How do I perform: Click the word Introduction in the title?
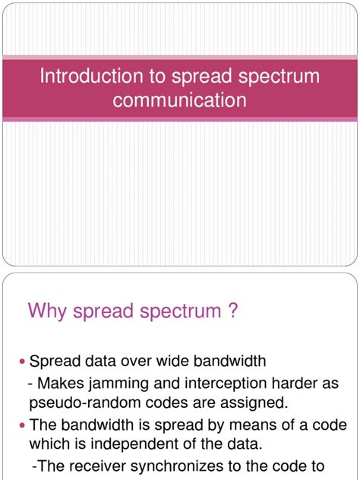coord(80,77)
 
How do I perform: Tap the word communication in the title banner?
coord(179,99)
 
